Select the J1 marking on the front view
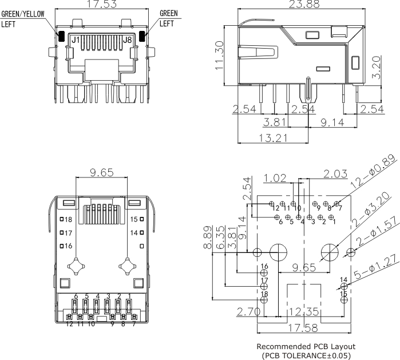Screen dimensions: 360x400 pos(75,40)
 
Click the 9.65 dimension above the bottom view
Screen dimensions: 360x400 pos(102,172)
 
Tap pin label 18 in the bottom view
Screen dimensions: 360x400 pos(68,220)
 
